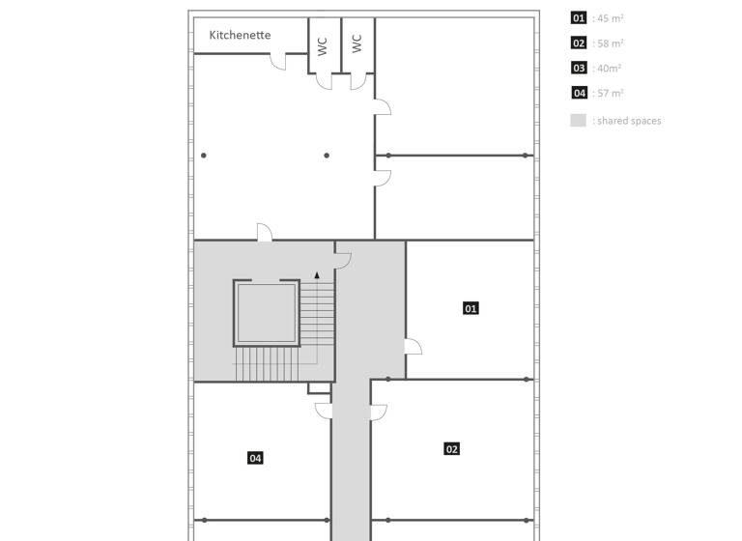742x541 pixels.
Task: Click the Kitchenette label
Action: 240,35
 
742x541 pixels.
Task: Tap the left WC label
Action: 323,44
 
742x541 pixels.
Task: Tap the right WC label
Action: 357,43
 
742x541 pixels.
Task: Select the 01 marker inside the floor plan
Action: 471,308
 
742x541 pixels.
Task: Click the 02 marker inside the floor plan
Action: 451,448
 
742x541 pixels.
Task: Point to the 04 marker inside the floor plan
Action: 255,458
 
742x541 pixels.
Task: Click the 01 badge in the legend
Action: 579,18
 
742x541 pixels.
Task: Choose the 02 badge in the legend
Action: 579,43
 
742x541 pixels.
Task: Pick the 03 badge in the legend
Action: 579,69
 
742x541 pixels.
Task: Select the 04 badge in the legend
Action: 579,94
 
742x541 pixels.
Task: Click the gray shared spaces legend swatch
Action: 578,121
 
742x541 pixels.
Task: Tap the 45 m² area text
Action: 609,18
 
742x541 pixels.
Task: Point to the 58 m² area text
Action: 609,43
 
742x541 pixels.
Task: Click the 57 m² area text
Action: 609,94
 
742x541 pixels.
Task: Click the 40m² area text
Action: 608,69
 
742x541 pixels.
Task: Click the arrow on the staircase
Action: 317,276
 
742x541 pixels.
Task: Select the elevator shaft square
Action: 266,313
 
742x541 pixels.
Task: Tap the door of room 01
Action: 413,347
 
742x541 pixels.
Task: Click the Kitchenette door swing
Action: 278,62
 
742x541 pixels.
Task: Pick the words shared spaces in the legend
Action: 629,121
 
